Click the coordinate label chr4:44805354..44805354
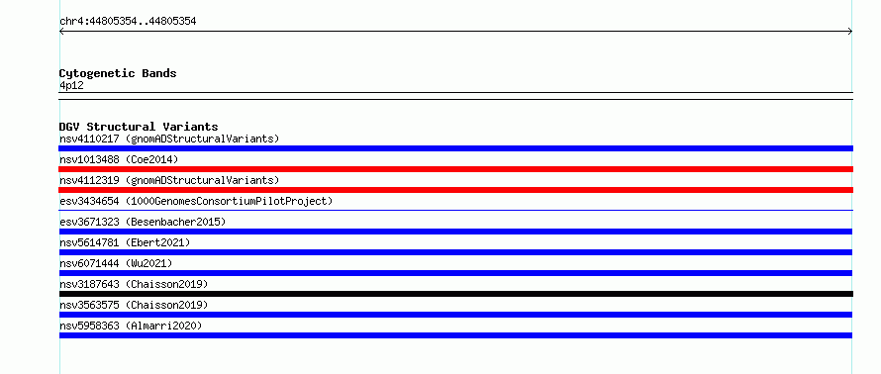coord(128,22)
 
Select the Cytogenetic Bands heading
coord(118,73)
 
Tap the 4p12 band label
coord(71,86)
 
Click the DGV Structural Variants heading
coord(139,127)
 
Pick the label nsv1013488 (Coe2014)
coord(119,159)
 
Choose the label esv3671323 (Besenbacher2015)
coord(143,222)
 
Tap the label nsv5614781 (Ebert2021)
coord(125,242)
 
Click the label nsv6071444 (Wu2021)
coord(116,263)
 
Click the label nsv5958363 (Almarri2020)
coord(131,326)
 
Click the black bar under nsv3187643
coord(455,294)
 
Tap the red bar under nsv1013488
coord(455,169)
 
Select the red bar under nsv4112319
coord(455,190)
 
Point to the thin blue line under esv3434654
coord(455,210)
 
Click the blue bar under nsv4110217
coord(455,148)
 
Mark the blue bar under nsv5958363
coord(455,335)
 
